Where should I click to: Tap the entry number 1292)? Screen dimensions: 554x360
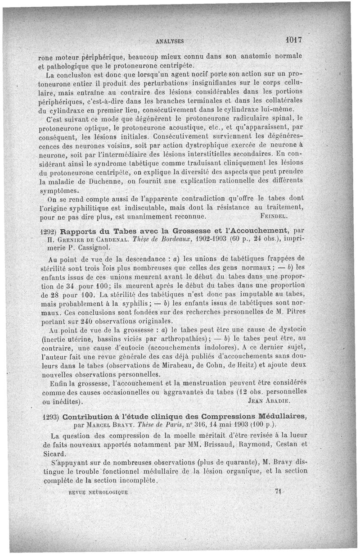(x=48, y=232)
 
